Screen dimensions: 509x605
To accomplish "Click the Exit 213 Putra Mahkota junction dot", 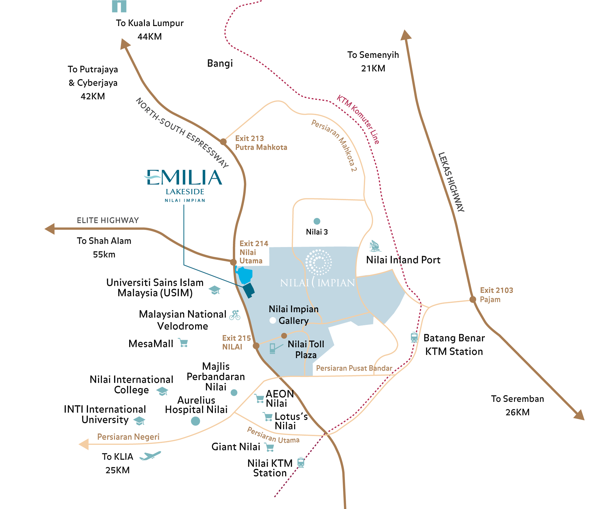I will tap(223, 142).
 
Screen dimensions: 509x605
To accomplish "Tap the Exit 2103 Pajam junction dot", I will tap(473, 300).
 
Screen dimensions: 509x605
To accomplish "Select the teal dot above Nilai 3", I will tap(317, 221).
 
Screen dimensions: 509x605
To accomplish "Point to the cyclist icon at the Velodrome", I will tap(235, 315).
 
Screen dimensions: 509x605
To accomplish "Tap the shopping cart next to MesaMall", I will tap(183, 343).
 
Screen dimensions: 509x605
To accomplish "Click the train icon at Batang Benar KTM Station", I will tap(414, 337).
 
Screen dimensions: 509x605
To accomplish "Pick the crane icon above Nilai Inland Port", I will tap(374, 246).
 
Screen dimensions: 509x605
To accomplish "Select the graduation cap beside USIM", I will tap(214, 290).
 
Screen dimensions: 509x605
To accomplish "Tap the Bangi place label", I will tap(220, 63).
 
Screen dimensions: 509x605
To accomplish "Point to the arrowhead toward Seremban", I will tap(579, 415).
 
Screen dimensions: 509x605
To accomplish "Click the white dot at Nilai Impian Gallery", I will tap(273, 320).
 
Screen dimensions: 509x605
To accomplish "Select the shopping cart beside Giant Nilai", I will tap(269, 447).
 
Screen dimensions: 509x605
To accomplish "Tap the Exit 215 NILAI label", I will tap(236, 342).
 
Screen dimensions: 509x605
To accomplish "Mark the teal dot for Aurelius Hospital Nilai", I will tap(195, 421).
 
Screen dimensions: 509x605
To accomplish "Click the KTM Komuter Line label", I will tap(358, 120).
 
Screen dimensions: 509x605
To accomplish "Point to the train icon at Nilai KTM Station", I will tap(301, 463).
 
